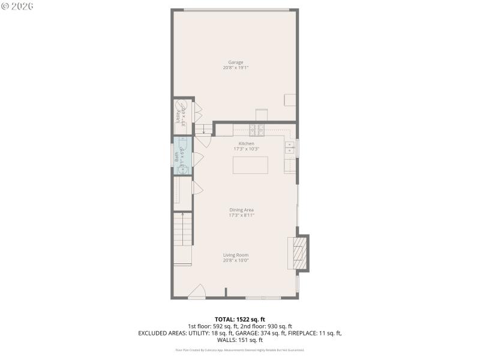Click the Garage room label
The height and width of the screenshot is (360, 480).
235,62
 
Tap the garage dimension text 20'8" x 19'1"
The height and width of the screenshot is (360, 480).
235,68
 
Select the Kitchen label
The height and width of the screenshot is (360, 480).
246,143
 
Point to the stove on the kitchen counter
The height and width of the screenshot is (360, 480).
257,130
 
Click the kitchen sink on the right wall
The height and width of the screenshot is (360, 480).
290,148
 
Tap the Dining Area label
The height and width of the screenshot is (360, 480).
241,209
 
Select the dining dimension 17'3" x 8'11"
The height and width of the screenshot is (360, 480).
241,215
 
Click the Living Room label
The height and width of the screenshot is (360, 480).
235,254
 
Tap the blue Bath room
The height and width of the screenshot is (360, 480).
182,157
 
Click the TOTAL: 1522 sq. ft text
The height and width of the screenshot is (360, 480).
239,319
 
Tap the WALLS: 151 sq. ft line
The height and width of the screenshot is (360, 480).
239,340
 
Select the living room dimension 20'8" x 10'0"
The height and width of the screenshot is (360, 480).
235,260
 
